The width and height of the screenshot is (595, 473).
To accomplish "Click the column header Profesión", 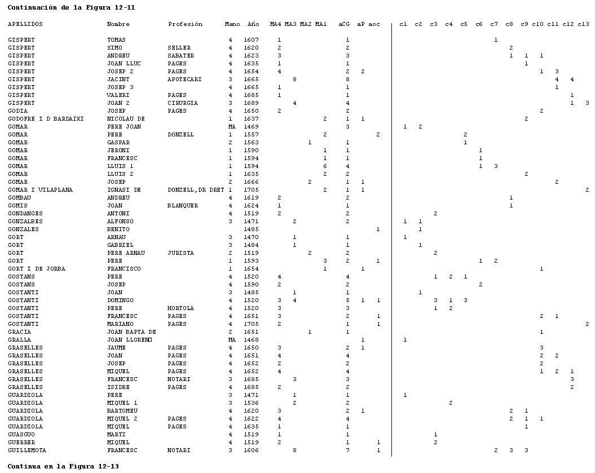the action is (185, 24).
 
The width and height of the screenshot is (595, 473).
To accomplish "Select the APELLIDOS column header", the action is (25, 24).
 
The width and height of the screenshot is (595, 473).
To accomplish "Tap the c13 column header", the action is (583, 24).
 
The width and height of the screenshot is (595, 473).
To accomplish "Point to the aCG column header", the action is (344, 24).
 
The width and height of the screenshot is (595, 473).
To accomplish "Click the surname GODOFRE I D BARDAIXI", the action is (46, 119).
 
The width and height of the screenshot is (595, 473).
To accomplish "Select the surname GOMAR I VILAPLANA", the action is (40, 189).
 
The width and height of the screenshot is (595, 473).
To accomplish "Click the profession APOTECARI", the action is (184, 79).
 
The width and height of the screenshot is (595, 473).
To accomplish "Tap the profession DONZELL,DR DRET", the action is (196, 189).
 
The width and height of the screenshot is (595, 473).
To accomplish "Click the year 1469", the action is (251, 127).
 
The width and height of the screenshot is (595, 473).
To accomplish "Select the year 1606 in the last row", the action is (251, 450).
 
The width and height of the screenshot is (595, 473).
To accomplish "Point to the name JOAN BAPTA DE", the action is (131, 332).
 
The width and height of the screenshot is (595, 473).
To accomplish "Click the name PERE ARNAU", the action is (126, 253).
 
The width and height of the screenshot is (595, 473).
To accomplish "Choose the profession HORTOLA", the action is (180, 308).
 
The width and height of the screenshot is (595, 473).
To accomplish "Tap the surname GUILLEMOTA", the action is (27, 450).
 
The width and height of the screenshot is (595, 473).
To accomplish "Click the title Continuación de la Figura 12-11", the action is (71, 7).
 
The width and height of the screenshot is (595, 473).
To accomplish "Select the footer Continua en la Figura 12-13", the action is (63, 466).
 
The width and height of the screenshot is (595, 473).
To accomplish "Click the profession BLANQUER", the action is (183, 206).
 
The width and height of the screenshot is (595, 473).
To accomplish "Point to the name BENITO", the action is (118, 229).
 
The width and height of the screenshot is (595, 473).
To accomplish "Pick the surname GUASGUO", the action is (21, 434).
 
